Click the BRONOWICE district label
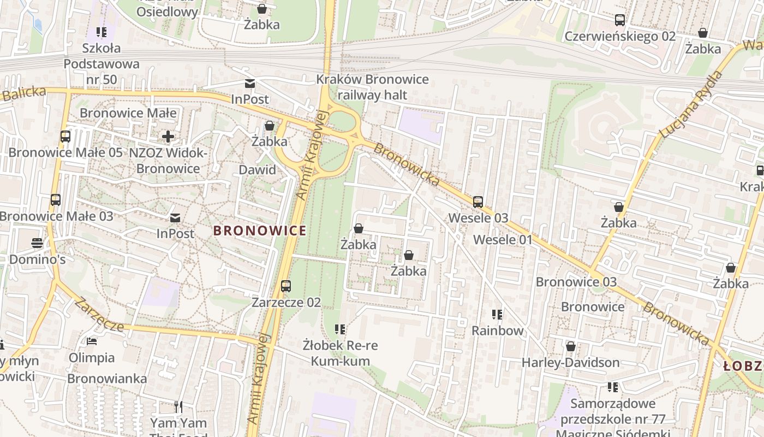pos(260,231)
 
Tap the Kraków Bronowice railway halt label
pos(372,87)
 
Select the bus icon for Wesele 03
pos(478,202)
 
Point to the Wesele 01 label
pos(502,240)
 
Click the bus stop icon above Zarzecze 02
pos(286,286)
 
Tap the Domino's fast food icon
pos(37,243)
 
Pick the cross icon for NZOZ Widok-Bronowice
pos(168,137)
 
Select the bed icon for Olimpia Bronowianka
pos(92,342)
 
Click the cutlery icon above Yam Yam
pos(178,407)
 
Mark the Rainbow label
pos(497,330)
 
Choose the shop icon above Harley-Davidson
pos(571,347)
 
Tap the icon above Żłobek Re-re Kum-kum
pos(341,329)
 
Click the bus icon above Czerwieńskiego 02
pos(620,20)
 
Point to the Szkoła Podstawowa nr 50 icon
pos(102,32)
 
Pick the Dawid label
pos(258,170)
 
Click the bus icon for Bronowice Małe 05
pos(65,137)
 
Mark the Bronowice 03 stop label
pos(576,282)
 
